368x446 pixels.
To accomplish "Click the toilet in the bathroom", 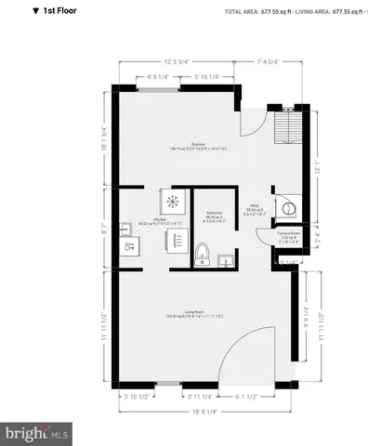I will point(203,252).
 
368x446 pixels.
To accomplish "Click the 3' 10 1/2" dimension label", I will point(137,398).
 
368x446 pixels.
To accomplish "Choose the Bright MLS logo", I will point(37,432).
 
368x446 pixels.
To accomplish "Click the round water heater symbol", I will point(288,209).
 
